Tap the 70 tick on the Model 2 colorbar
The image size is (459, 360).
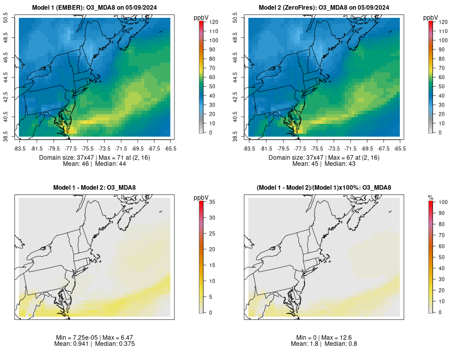(439, 68)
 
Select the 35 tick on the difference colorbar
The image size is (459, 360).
(210, 202)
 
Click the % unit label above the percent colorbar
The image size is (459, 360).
(430, 197)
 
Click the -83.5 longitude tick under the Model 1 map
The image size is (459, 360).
(20, 149)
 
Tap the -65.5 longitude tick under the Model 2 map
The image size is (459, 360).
(400, 149)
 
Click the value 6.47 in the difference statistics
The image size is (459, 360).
(126, 338)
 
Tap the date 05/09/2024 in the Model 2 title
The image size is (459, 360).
(372, 7)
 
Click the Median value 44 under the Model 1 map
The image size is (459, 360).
(121, 164)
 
